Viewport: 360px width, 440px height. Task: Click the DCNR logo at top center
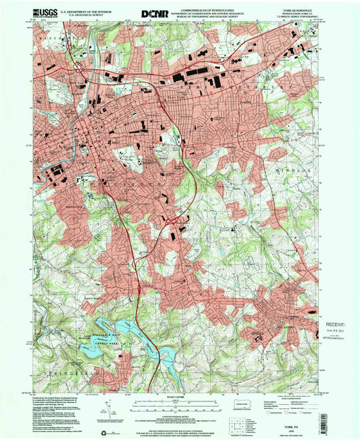pos(152,13)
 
